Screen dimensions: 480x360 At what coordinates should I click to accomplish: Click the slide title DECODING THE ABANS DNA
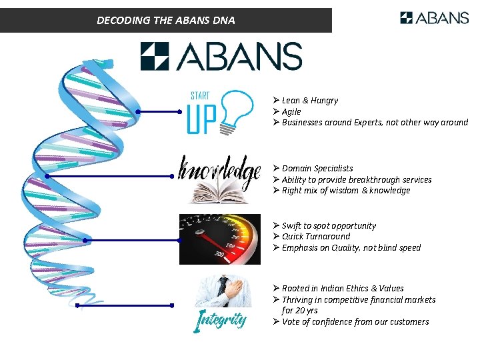point(166,20)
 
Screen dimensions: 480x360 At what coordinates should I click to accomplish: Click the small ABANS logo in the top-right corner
point(434,18)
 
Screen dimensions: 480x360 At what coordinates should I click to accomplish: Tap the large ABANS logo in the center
point(221,56)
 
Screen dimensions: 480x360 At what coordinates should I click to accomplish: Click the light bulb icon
point(237,109)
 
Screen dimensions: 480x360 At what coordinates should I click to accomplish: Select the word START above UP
point(200,95)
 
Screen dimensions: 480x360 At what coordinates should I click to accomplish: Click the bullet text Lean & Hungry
point(309,101)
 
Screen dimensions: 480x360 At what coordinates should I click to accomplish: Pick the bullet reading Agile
point(291,112)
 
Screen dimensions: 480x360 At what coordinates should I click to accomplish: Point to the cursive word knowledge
point(219,172)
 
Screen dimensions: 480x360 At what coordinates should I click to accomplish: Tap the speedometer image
point(220,239)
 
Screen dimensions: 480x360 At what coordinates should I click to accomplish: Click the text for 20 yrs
point(299,311)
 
